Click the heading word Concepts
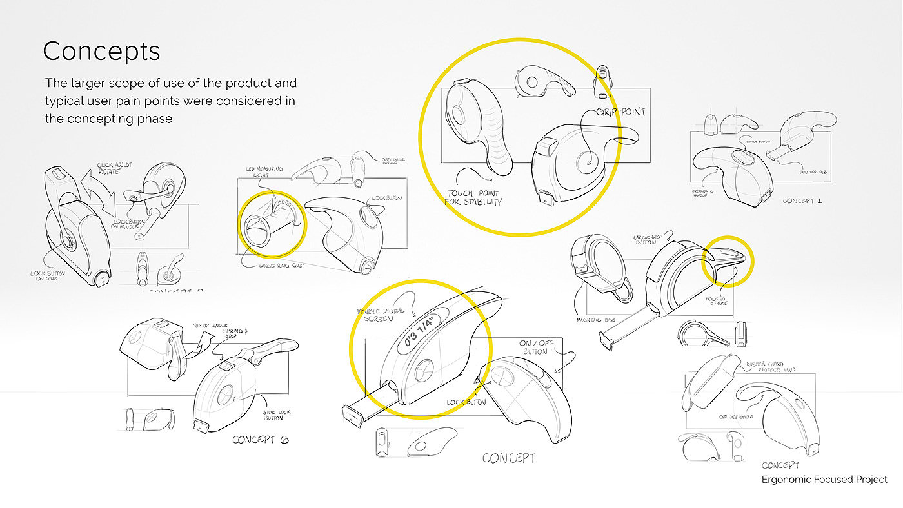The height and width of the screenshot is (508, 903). coord(101,51)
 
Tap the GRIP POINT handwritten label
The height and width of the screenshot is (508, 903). coord(620,112)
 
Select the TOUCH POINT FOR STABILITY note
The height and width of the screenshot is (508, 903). coord(473,197)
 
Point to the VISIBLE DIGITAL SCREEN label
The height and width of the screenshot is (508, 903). coord(382,314)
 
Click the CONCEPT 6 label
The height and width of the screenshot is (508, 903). coord(261,440)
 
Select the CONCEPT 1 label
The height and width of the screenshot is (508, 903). coord(802,200)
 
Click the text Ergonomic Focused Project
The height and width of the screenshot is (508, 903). coord(824,480)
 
